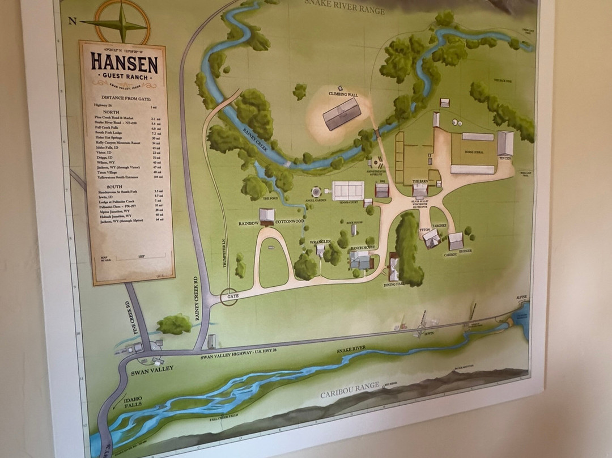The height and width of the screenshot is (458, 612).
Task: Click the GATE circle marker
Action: point(229,296)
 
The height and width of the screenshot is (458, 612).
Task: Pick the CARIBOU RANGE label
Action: point(350,390)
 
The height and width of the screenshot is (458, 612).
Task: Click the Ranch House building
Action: point(360,259)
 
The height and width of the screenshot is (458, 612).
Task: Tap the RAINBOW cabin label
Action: point(249,223)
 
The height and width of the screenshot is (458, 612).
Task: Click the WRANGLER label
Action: point(320,242)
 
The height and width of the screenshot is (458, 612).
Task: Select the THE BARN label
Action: point(420,181)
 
